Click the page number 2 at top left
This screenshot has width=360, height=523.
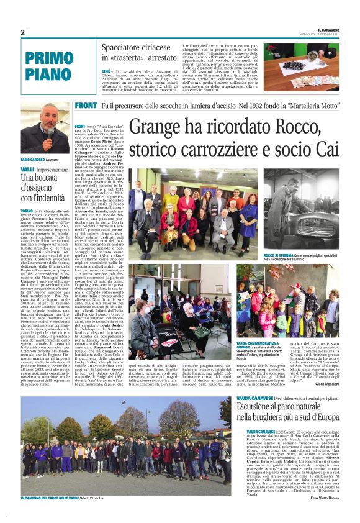[22, 33]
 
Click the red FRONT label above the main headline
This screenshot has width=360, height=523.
[86, 106]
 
